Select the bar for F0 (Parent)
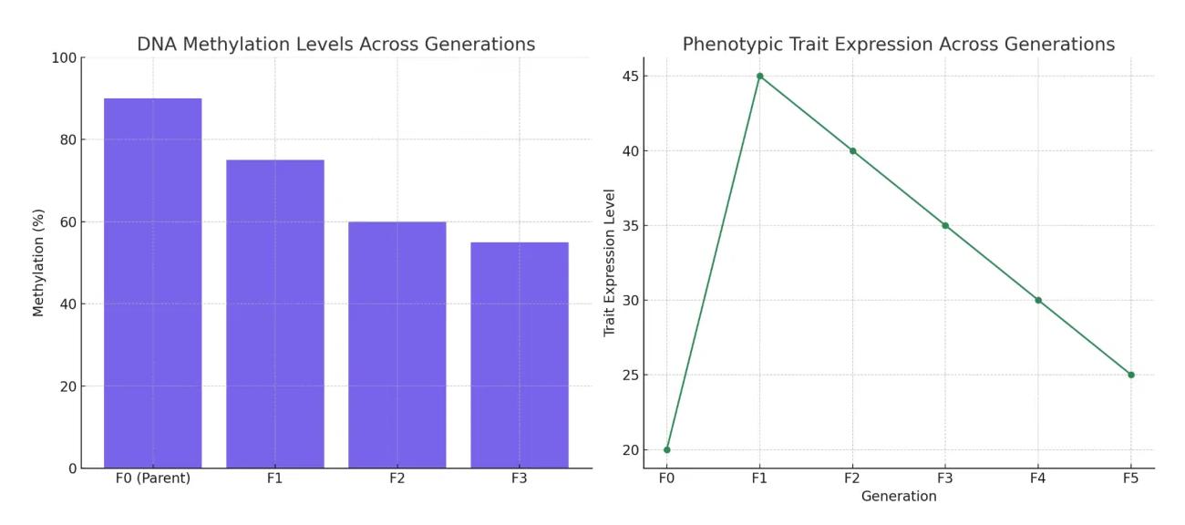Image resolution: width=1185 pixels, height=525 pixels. coord(152,283)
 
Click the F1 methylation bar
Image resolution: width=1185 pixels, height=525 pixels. coord(274,314)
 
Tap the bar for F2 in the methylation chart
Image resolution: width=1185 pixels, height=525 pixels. coord(397,345)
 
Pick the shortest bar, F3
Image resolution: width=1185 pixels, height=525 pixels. coord(519,355)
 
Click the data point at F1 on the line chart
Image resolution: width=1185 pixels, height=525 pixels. coord(759,77)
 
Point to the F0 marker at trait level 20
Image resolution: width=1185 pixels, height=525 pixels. coord(667,449)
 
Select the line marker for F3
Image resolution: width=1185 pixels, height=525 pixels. coord(945,225)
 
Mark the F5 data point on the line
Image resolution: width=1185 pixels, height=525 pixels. coord(1130,375)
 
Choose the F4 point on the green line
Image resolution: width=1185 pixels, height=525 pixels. coord(1038,300)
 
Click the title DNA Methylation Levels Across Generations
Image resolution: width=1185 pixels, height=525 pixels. coord(335,44)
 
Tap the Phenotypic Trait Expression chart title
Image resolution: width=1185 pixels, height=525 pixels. coord(898,44)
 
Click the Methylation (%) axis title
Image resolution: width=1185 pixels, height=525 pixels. coord(38,263)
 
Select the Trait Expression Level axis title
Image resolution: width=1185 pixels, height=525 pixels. coord(610,262)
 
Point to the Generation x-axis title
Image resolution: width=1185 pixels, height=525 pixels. coord(899,497)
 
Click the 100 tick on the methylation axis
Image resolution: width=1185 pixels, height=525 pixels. coord(63,58)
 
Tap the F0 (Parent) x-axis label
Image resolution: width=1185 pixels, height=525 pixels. coord(152,479)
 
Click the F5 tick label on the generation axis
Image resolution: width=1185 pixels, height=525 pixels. coord(1130,479)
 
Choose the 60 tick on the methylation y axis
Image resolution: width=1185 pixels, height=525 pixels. coord(67,222)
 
